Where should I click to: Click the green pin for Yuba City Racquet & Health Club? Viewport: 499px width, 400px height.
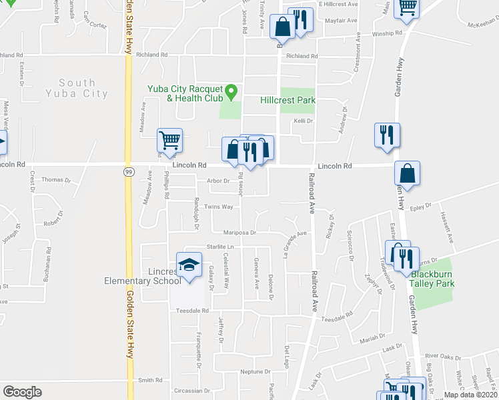(x=231, y=91)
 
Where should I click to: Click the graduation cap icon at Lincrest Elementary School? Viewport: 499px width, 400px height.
(x=189, y=265)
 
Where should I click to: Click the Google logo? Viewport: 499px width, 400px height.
(x=22, y=392)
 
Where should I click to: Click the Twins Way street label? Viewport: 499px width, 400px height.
(x=218, y=207)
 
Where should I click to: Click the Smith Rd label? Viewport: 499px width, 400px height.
(x=150, y=380)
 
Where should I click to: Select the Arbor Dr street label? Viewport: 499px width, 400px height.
(x=217, y=181)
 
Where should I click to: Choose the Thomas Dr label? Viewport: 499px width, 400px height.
(x=55, y=180)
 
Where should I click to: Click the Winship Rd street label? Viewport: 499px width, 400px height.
(x=388, y=33)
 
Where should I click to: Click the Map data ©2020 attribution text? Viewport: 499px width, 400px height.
(x=470, y=395)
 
